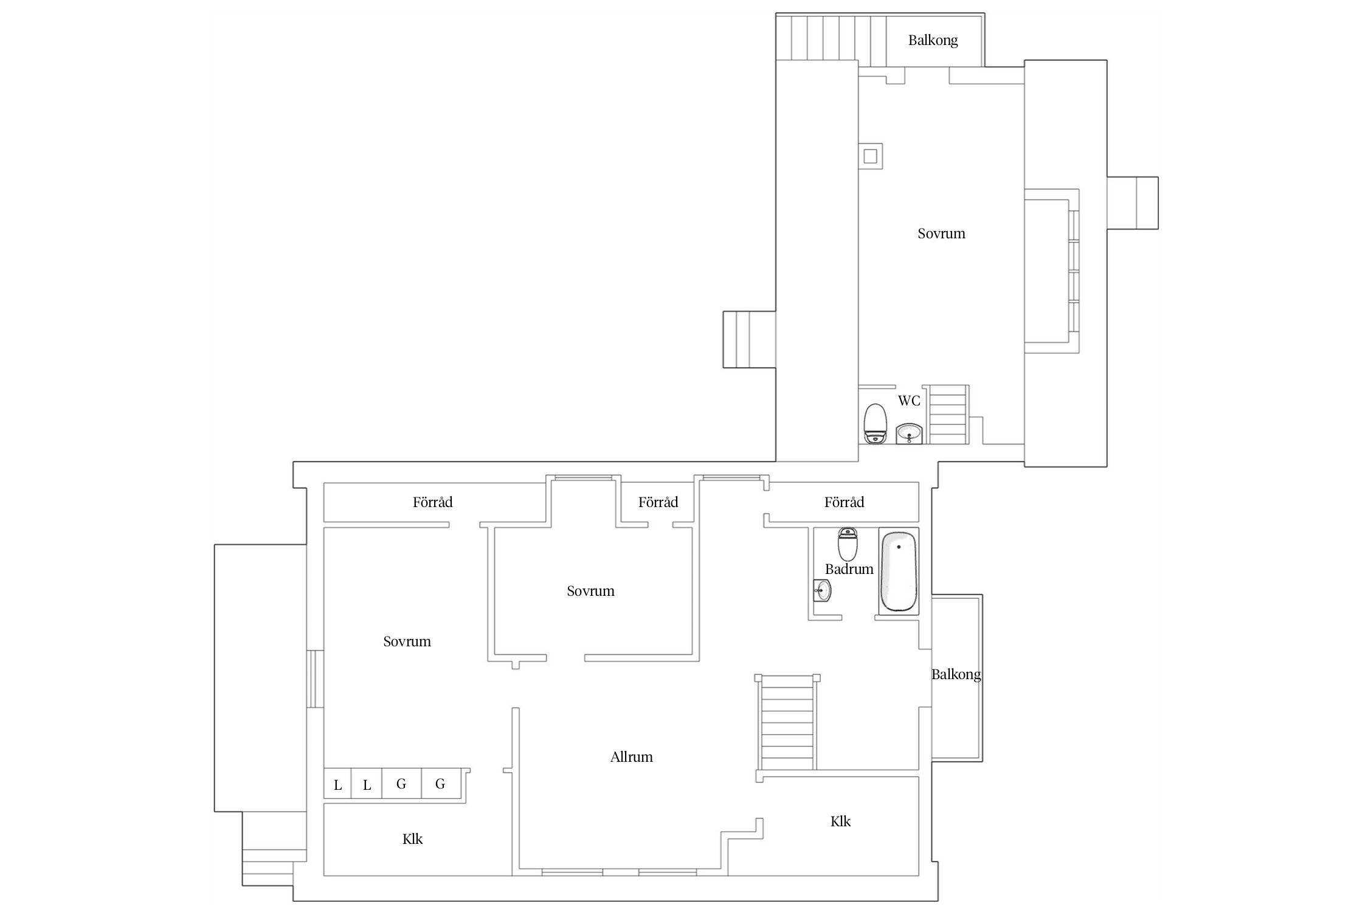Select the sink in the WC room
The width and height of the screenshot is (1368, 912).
click(910, 434)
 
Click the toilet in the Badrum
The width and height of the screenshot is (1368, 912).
click(848, 544)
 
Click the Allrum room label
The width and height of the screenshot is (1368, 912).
click(631, 757)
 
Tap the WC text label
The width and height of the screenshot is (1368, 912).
click(909, 401)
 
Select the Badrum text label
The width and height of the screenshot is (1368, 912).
click(849, 569)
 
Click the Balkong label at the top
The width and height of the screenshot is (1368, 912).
click(933, 41)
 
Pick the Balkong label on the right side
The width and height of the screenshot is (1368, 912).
click(956, 674)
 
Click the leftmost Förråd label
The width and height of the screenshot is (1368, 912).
click(432, 502)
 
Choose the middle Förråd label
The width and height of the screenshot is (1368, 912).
click(658, 502)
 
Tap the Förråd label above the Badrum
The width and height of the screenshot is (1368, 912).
click(844, 502)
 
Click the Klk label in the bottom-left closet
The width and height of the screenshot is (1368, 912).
click(412, 839)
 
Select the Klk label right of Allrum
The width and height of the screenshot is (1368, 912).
click(840, 821)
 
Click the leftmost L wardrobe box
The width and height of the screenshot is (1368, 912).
click(337, 784)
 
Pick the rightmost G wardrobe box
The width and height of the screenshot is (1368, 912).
click(441, 784)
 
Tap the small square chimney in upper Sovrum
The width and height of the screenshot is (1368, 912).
click(870, 156)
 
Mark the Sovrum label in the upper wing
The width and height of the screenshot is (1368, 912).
click(941, 233)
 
